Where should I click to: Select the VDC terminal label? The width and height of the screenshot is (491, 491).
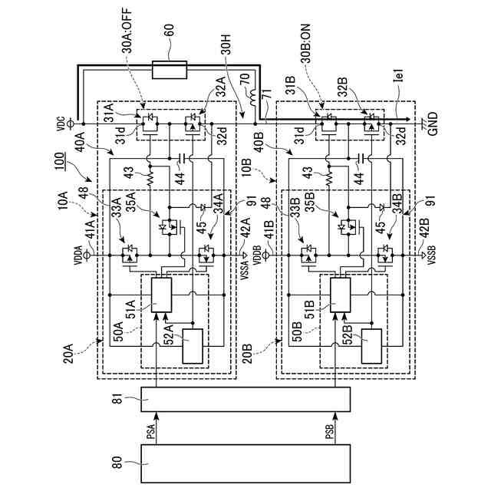tap(61, 123)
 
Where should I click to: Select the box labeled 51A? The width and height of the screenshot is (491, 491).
tap(161, 292)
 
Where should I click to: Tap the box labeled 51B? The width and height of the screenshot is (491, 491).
tap(338, 293)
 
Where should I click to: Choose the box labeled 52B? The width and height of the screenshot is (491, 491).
tap(370, 347)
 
